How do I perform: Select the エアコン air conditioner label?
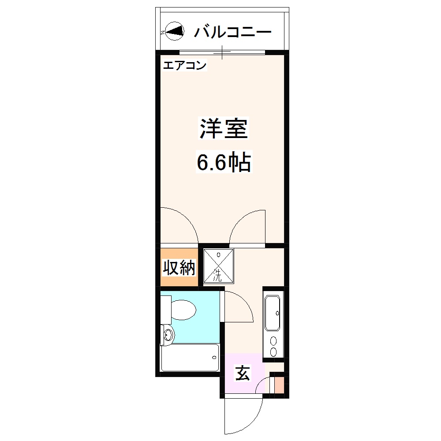click(185, 66)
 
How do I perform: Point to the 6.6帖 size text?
click(224, 163)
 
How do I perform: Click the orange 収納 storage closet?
click(179, 267)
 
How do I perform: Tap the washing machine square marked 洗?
click(218, 265)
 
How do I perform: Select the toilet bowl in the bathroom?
click(183, 310)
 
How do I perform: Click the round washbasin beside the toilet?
click(168, 335)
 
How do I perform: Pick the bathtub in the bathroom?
click(190, 357)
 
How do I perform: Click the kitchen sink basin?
click(273, 313)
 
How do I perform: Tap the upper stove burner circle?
click(274, 341)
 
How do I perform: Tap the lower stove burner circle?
click(274, 352)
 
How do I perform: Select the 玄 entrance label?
click(242, 374)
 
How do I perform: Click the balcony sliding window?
click(222, 52)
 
